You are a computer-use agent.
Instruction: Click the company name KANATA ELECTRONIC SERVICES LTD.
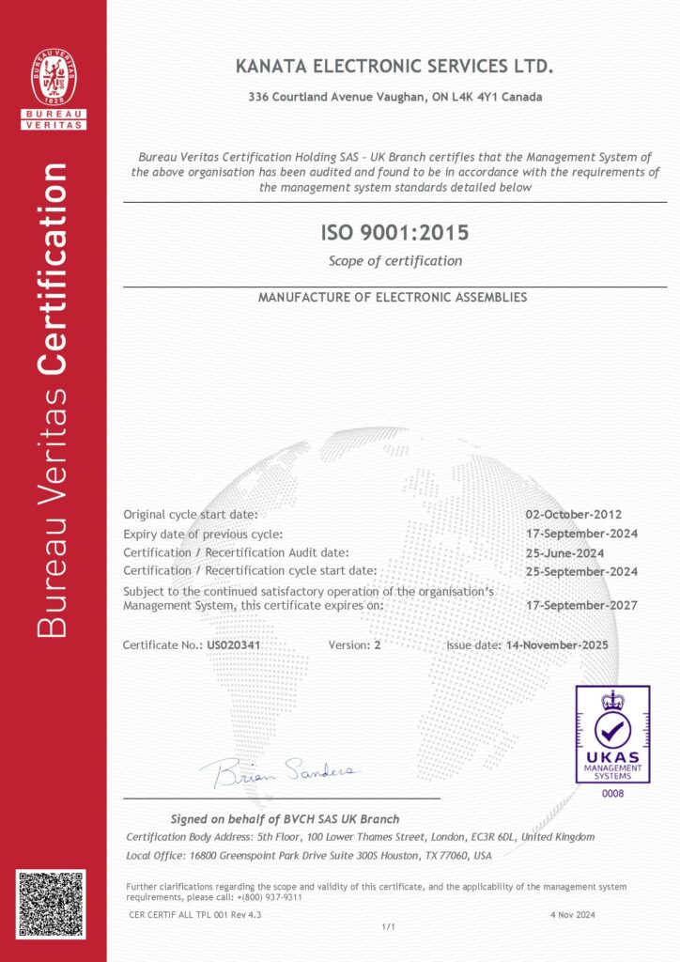click(x=395, y=66)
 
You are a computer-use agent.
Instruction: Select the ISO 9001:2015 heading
click(x=394, y=232)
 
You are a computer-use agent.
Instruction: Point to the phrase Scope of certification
click(x=394, y=260)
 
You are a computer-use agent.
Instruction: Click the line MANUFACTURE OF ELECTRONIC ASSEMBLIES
click(x=393, y=297)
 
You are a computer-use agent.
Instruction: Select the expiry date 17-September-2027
click(x=581, y=605)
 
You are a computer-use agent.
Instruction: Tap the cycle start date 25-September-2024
click(x=581, y=571)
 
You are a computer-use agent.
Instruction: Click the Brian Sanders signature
click(x=280, y=771)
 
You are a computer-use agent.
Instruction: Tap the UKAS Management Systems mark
click(x=612, y=734)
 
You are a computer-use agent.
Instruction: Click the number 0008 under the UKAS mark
click(x=612, y=793)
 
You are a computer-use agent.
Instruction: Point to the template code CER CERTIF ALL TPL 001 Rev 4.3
click(x=195, y=914)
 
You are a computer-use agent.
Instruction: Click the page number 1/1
click(x=386, y=926)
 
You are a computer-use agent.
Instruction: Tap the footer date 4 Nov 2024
click(x=571, y=914)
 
